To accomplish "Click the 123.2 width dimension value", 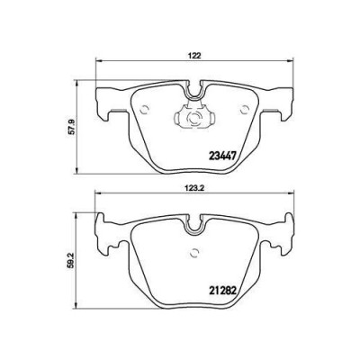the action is [194, 188].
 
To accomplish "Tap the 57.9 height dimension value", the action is [71, 127].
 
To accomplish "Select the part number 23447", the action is [222, 156].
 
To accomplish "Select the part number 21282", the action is [222, 290].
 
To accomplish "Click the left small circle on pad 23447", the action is [145, 109].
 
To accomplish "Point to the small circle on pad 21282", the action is [194, 253].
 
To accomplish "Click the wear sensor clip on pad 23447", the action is [194, 115].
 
